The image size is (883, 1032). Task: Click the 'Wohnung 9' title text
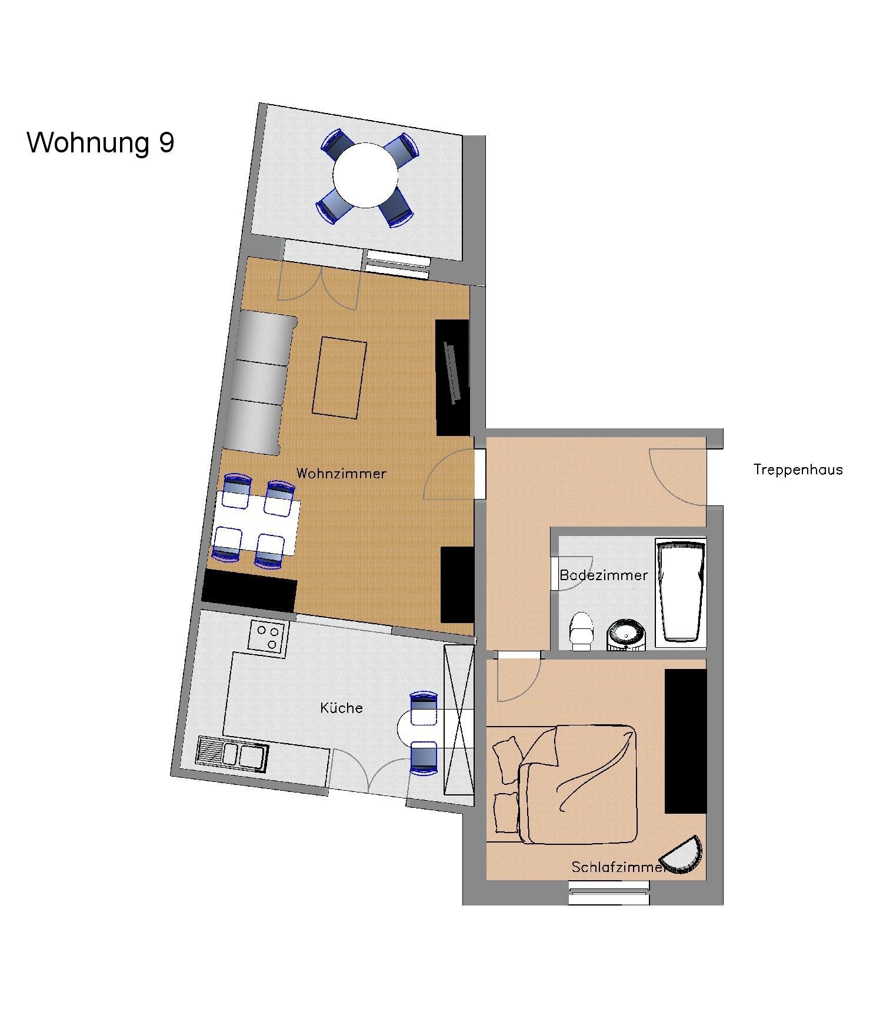pos(101,143)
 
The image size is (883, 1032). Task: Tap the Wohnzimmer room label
pos(341,473)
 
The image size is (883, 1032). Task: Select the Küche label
pos(341,707)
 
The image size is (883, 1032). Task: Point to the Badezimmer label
pos(604,575)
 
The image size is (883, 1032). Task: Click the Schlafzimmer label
pos(618,867)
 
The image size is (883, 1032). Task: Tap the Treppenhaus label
pos(798,470)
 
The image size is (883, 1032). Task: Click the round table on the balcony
pos(365,175)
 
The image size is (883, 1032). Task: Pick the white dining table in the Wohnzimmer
pos(258,524)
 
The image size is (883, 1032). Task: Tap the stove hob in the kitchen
pos(268,636)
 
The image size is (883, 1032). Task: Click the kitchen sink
pos(233,754)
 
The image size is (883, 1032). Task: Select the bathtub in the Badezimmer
pos(681,591)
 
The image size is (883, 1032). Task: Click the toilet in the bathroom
pos(581,631)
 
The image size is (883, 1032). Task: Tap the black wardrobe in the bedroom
pos(685,741)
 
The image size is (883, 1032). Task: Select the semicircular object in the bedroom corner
pos(682,857)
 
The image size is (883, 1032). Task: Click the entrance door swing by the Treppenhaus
pos(677,476)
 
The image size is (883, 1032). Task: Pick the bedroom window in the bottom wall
pos(609,891)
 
